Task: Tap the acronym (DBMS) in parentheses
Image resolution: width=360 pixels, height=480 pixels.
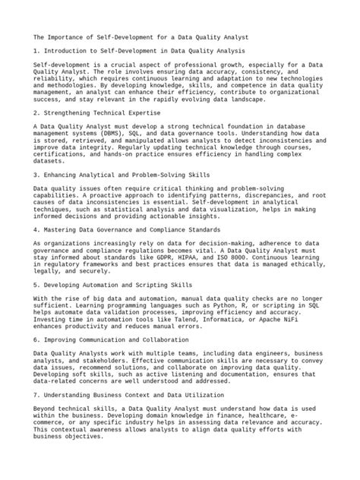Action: tap(128, 131)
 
